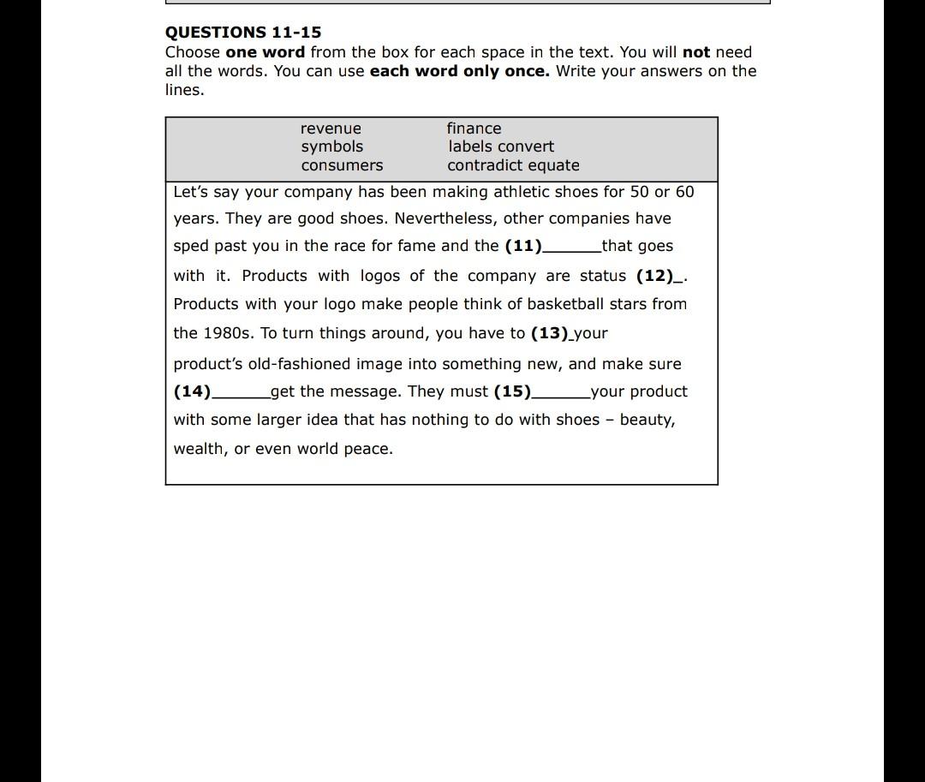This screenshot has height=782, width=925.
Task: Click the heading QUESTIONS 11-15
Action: point(243,33)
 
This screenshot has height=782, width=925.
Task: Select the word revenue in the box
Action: point(331,128)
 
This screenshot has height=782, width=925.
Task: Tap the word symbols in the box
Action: point(331,146)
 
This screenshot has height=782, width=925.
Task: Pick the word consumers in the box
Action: point(342,165)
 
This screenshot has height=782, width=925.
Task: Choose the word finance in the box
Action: point(474,128)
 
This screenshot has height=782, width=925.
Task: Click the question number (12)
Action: point(654,276)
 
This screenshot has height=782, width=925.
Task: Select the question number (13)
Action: point(549,333)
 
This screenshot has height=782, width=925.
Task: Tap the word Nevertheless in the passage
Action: point(445,218)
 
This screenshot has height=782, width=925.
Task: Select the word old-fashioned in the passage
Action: point(300,364)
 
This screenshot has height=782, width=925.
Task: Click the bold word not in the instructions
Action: point(696,52)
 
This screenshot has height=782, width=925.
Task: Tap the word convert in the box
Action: point(527,146)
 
